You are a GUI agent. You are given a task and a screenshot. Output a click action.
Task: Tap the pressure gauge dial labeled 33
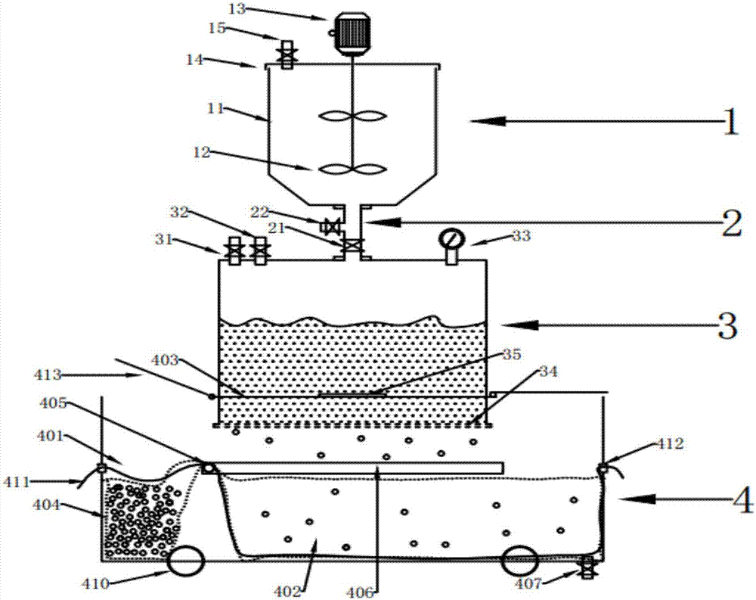pos(452,239)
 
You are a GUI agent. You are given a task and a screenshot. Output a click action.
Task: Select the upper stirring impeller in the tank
pos(353,117)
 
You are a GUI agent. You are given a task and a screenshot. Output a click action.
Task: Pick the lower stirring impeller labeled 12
pos(353,169)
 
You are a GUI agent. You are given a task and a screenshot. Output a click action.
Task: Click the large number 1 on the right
pos(730,122)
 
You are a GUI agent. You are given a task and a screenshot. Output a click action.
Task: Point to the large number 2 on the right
pos(731,223)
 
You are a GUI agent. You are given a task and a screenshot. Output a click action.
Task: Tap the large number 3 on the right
pos(727,325)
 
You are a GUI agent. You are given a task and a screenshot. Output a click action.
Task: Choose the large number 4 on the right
pos(742,500)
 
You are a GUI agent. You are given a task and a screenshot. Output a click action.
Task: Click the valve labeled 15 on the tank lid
pos(287,54)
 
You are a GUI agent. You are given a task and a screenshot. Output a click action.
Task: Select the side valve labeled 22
pos(332,225)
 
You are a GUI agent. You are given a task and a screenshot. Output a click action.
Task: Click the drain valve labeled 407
pos(587,567)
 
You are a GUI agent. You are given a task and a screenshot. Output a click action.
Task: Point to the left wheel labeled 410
pos(186,561)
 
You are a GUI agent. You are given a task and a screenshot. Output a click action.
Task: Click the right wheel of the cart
pos(520,561)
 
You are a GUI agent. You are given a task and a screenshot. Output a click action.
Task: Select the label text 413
pos(48,375)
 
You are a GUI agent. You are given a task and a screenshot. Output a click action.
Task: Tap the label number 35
pos(512,354)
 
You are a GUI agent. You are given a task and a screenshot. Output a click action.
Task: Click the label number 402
pos(288,590)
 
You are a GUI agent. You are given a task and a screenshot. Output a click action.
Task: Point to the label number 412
pos(670,443)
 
